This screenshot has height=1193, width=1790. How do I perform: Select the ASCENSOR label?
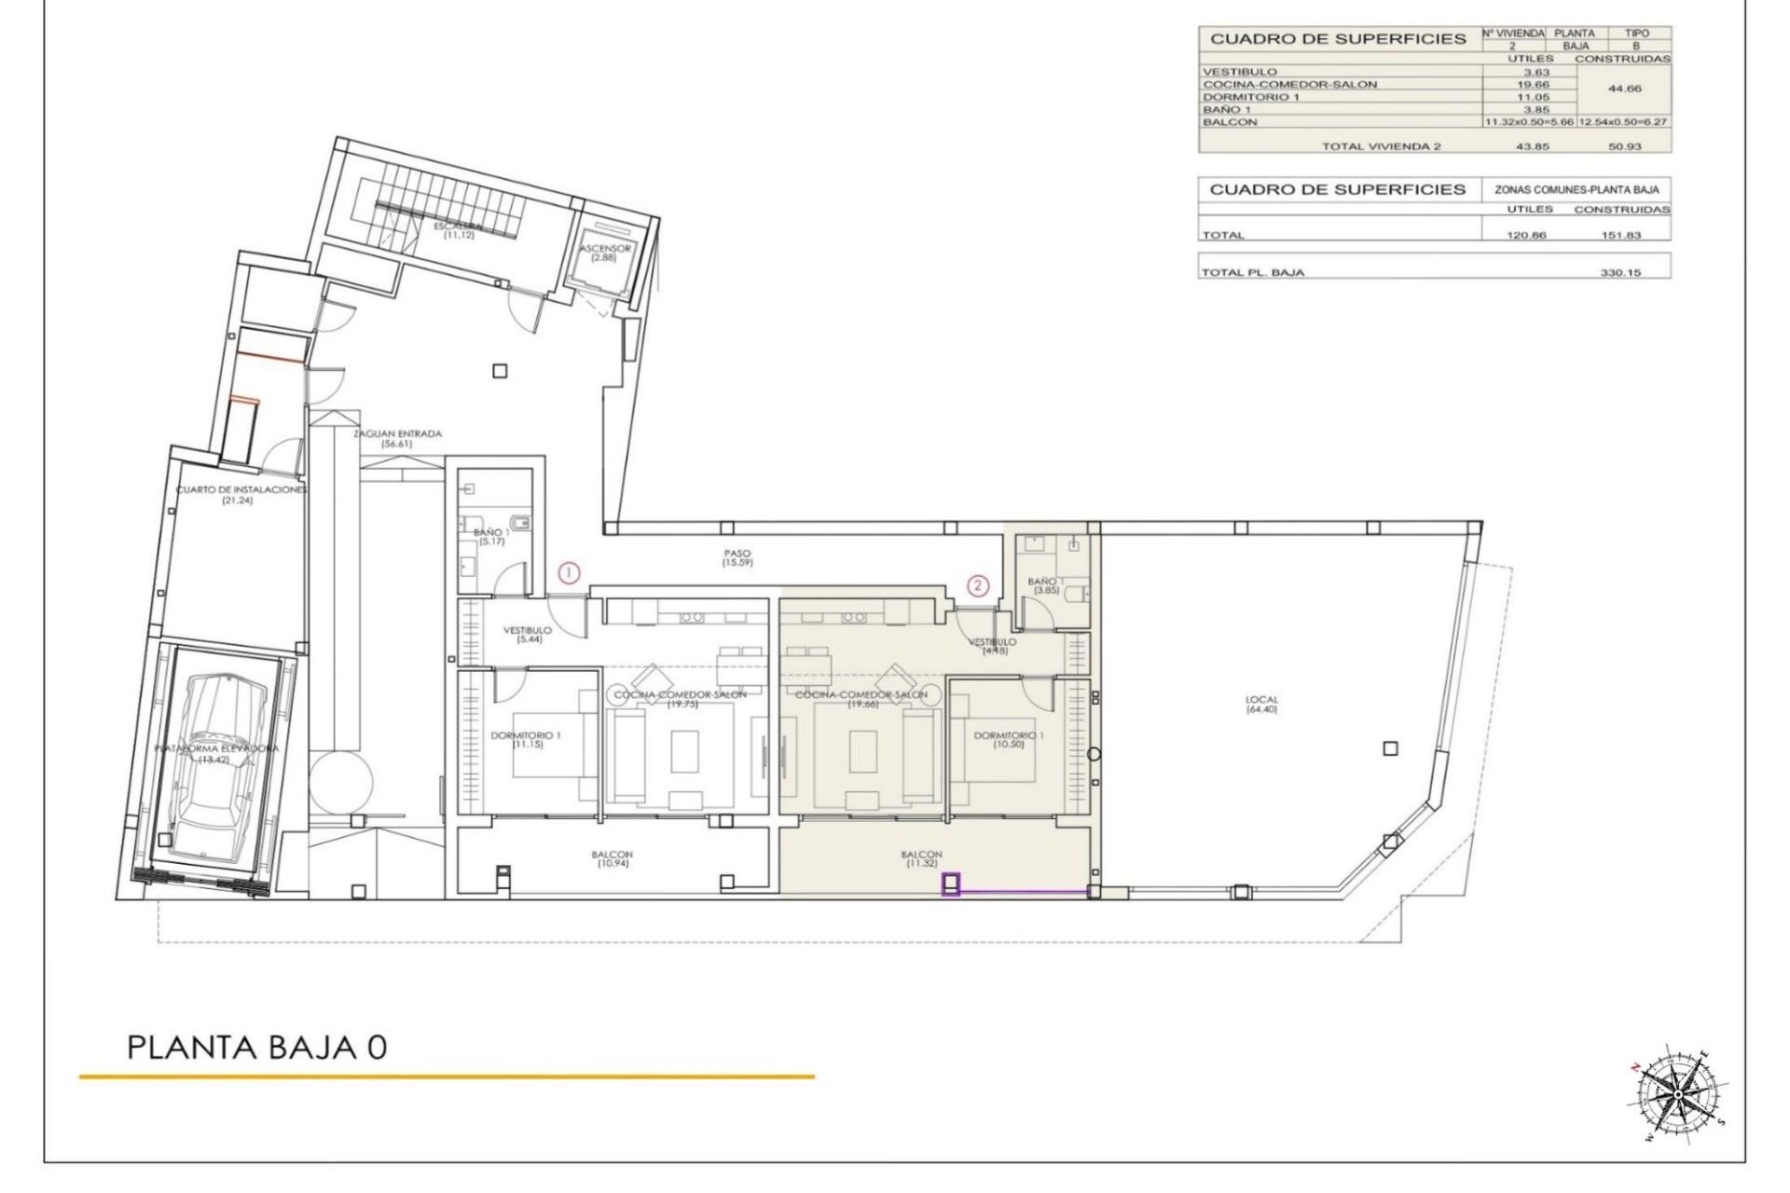[605, 253]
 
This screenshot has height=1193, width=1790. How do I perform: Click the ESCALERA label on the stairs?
[459, 230]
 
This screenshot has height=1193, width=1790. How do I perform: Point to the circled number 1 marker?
[569, 573]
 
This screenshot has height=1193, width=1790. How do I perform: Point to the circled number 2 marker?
[977, 585]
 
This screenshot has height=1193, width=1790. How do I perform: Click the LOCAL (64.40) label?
[1261, 705]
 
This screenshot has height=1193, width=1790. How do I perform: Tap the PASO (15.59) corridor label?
[737, 558]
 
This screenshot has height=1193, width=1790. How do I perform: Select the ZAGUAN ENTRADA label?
[397, 438]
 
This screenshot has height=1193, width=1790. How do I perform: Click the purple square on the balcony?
[951, 884]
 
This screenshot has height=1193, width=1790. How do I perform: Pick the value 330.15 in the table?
[1620, 273]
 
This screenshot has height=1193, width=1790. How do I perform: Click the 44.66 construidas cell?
[1622, 89]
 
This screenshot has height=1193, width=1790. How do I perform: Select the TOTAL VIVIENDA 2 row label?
[1381, 146]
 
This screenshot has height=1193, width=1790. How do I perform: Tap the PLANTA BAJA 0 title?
[256, 1047]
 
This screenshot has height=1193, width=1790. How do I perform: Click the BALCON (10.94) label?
[612, 858]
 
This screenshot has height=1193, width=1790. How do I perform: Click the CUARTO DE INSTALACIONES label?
[241, 495]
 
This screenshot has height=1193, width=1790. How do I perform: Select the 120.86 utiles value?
[1526, 235]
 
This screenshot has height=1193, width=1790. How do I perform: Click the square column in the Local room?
[1390, 748]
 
